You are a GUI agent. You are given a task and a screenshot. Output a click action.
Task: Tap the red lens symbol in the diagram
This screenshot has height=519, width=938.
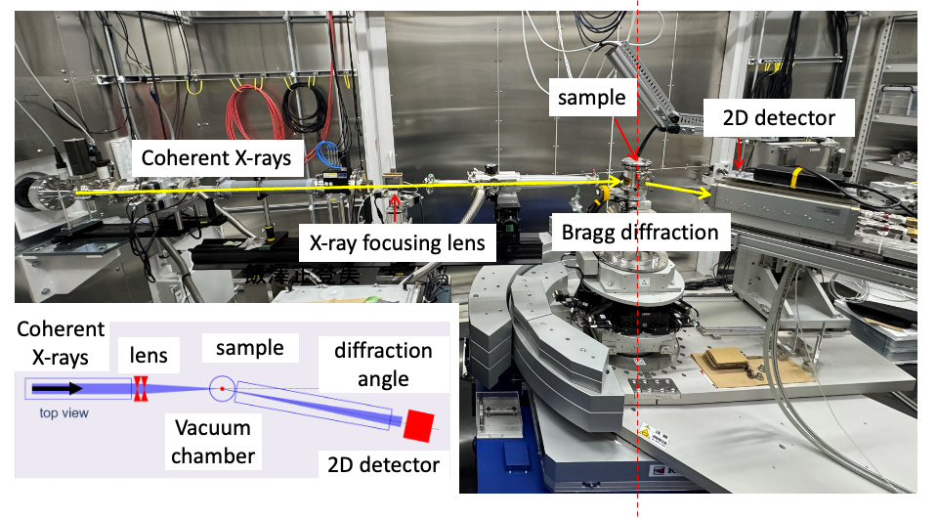tap(140, 388)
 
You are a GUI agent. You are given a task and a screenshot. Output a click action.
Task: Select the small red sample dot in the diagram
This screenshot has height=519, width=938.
tap(223, 389)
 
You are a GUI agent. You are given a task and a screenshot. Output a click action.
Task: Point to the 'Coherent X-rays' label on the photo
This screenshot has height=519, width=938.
tap(216, 157)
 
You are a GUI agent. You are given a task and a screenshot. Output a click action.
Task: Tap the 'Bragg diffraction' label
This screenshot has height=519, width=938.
tap(640, 232)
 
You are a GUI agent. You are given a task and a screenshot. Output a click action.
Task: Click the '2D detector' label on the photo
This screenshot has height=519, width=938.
tap(779, 118)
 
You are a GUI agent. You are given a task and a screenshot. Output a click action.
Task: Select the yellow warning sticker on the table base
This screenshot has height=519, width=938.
tap(645, 430)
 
